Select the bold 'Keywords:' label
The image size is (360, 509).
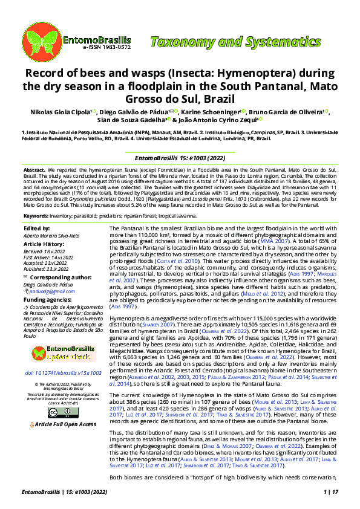click(x=36, y=215)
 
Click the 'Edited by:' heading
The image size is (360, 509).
click(x=36, y=228)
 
